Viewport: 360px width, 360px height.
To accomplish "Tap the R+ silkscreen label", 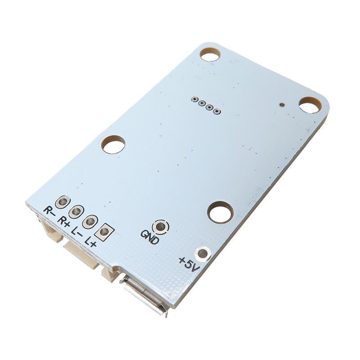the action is (63, 221).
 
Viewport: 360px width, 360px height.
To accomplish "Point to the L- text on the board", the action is (77, 233).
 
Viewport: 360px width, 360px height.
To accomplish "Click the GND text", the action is (150, 237).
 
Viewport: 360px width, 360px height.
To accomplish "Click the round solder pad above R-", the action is (63, 202).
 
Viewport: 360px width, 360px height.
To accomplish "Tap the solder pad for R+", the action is (76, 211).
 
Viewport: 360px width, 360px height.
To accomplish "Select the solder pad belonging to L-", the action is (90, 221).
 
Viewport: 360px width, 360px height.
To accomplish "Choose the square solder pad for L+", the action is (104, 232).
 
